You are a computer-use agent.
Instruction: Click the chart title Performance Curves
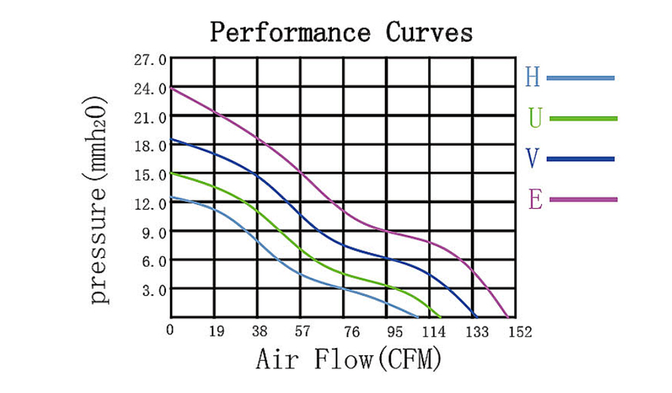point(342,32)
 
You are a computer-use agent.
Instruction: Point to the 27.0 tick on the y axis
point(150,60)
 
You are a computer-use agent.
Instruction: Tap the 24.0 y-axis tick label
point(150,89)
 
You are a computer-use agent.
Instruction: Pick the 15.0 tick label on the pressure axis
point(150,174)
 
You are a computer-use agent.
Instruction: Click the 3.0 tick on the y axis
point(153,289)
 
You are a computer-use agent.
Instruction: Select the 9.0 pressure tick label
point(153,232)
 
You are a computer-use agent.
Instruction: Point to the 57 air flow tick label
point(302,331)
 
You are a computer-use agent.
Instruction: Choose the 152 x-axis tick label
point(519,331)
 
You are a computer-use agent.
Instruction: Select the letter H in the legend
point(533,77)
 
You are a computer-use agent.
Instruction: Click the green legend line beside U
point(583,118)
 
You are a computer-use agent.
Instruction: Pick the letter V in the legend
point(533,159)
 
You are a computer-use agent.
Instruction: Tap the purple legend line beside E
point(583,200)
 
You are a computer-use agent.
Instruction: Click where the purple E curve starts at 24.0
point(172,88)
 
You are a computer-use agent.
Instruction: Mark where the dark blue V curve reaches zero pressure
point(476,317)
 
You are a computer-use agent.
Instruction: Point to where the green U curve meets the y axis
point(172,173)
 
